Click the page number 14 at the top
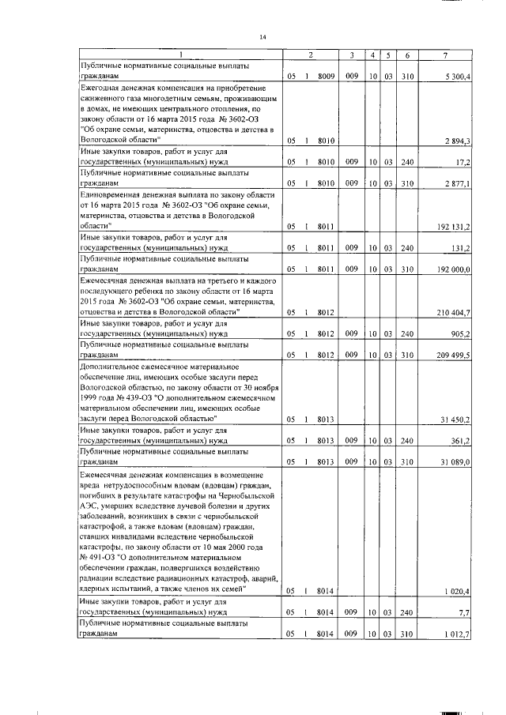point(264,36)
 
